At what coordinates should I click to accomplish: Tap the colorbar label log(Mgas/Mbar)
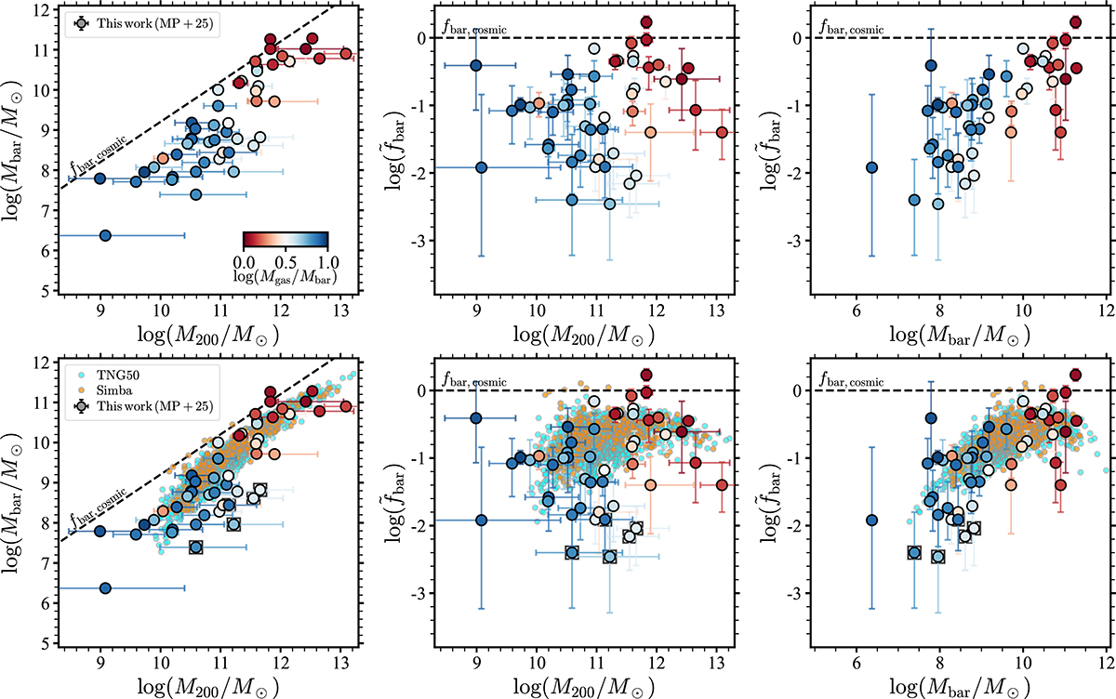(285, 276)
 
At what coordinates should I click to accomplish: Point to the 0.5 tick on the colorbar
(285, 260)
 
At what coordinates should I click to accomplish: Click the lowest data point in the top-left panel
(105, 235)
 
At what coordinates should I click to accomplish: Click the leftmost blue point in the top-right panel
(871, 167)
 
